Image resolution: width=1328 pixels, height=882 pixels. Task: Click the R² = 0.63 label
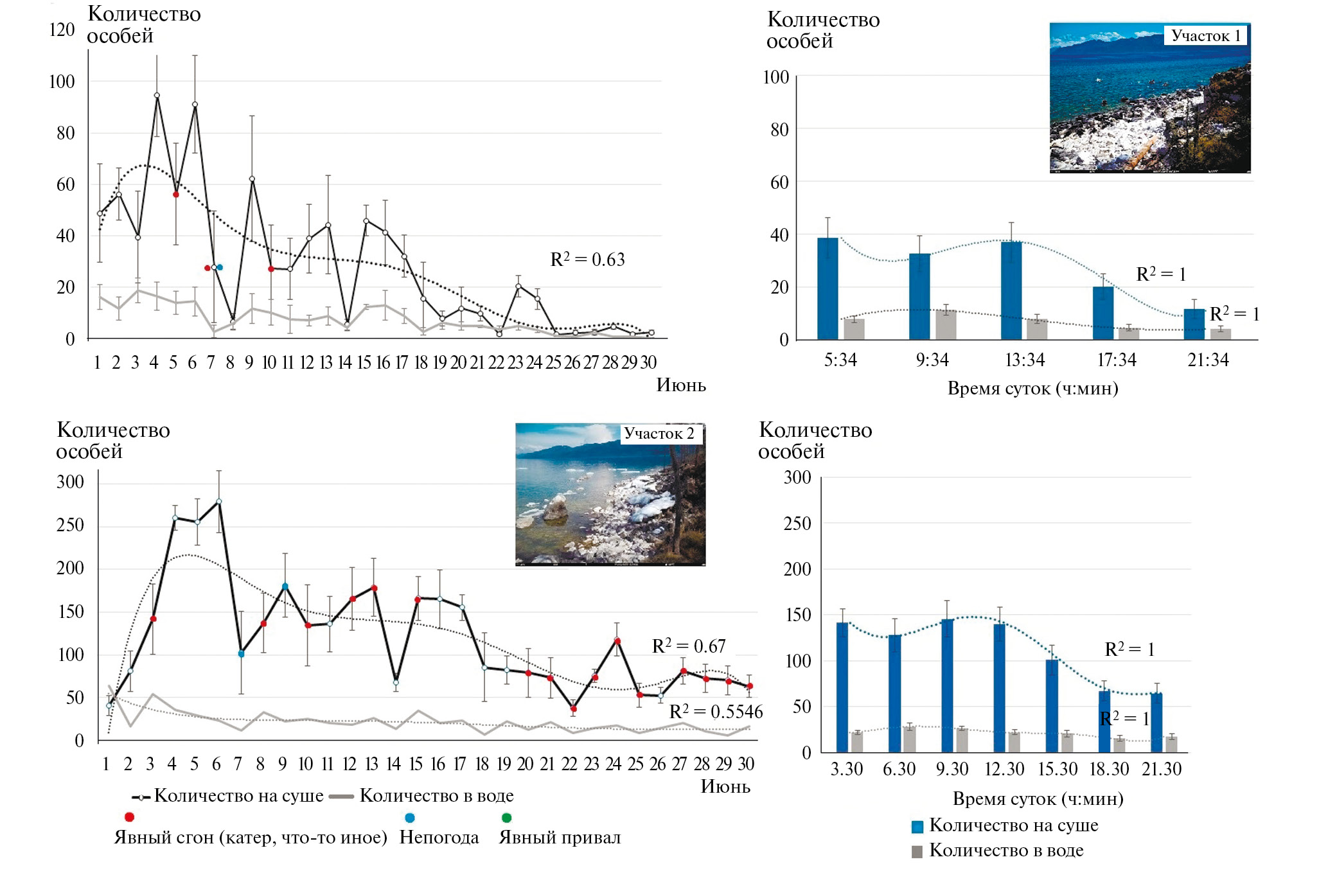[x=587, y=260]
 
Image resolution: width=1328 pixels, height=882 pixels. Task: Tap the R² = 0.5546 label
[x=716, y=712]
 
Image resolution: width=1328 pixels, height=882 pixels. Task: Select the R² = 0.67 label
[x=689, y=646]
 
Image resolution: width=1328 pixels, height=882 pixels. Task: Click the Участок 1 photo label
[x=1205, y=36]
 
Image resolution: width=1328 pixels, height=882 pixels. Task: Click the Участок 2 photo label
[x=659, y=434]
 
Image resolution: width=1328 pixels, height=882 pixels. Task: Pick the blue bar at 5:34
[x=828, y=288]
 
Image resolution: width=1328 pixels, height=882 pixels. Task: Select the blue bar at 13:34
[x=1011, y=290]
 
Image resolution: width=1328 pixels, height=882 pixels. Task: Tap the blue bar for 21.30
[x=1156, y=722]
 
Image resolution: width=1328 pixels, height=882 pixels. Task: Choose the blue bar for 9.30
[x=947, y=685]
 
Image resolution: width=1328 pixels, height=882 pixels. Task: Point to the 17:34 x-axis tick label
[x=1117, y=360]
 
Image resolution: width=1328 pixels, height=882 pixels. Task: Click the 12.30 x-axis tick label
[x=1005, y=769]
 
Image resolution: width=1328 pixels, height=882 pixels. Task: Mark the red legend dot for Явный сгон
[x=129, y=817]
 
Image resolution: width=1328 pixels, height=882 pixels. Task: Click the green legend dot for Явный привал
[x=506, y=818]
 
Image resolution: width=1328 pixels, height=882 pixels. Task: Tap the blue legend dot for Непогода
[x=410, y=818]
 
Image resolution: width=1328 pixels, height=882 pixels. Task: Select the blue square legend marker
[x=917, y=827]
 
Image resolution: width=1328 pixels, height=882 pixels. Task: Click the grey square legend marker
[x=917, y=852]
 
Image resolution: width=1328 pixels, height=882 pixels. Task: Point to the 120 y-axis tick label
[x=62, y=30]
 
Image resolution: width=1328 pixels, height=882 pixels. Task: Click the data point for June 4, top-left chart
[x=157, y=96]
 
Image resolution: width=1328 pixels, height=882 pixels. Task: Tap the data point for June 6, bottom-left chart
[x=219, y=502]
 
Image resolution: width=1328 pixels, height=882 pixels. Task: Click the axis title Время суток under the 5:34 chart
[x=1032, y=389]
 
